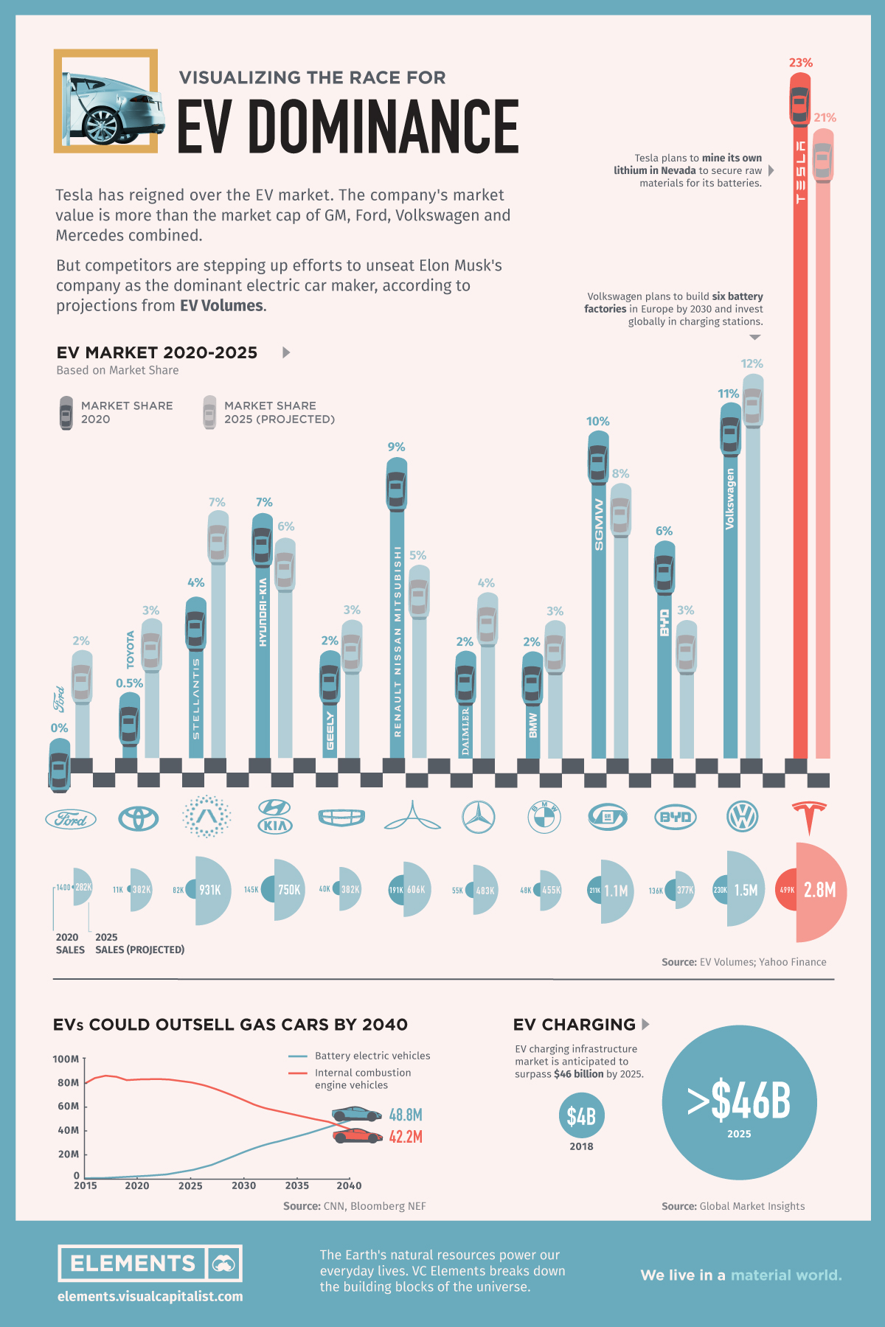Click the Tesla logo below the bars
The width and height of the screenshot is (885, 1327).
coord(809,816)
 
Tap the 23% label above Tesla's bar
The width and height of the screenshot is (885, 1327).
coord(800,63)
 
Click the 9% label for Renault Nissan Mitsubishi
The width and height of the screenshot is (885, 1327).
coord(396,447)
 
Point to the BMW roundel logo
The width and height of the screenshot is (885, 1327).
coord(544,817)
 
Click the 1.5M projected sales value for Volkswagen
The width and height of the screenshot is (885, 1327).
coord(746,890)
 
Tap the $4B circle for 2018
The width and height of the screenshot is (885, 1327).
coord(581,1116)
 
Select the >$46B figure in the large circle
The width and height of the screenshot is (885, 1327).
coord(739,1101)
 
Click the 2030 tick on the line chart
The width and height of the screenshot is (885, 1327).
coord(244,1185)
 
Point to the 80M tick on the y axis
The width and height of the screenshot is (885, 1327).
coord(68,1082)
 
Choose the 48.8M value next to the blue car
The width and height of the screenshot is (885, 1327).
coord(406,1115)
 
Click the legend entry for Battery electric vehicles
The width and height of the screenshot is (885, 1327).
coord(372,1056)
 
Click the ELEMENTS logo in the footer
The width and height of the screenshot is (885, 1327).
coord(150,1264)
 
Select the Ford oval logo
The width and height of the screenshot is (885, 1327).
coord(71,819)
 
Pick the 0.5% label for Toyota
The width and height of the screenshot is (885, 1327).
coord(129,683)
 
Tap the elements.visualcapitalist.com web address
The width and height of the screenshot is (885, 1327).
coord(150,1296)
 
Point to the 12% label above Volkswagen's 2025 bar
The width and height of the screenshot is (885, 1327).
coord(752,363)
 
